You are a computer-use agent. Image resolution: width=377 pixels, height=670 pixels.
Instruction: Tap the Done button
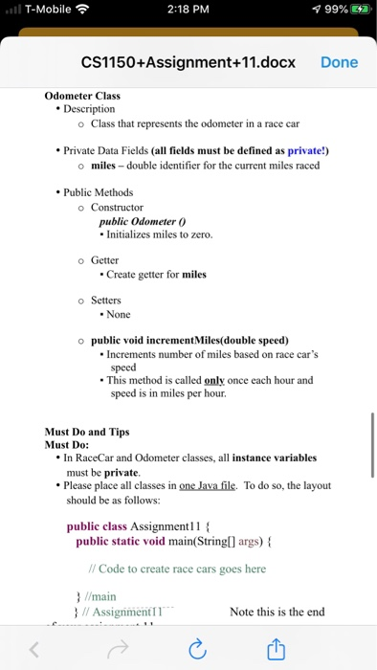339,62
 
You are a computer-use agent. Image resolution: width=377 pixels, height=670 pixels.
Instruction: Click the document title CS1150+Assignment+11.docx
188,62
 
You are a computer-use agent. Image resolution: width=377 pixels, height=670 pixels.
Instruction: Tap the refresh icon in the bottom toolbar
198,650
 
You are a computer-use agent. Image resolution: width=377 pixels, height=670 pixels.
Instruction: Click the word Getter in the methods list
104,260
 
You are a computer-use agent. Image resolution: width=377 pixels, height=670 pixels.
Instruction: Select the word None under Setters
119,314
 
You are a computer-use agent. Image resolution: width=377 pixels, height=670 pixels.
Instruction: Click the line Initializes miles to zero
160,235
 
